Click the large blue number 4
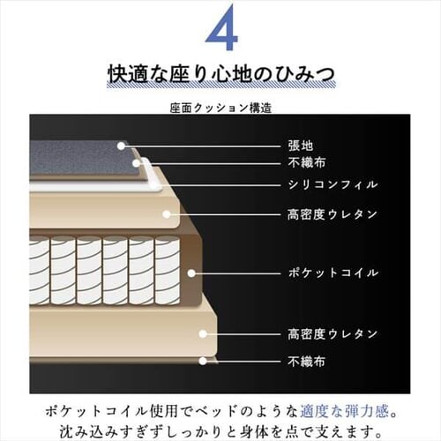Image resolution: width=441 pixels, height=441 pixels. (x=221, y=27)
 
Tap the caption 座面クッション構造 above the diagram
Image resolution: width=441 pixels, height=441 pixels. (x=220, y=108)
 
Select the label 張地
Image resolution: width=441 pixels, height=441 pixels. (x=301, y=146)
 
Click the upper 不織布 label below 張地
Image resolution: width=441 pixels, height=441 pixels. (x=307, y=162)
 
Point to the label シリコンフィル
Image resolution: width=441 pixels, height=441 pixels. (x=333, y=184)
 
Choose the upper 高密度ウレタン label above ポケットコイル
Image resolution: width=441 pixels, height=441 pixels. (x=333, y=214)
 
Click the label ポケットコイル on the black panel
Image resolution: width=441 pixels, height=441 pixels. (x=333, y=273)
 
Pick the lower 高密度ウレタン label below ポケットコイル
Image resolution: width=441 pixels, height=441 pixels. (x=333, y=334)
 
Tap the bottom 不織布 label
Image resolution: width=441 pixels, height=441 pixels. (x=307, y=362)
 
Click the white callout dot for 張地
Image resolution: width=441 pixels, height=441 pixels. (x=121, y=146)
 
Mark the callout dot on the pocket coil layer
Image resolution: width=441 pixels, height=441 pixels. (x=191, y=273)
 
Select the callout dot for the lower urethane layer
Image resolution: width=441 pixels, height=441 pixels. (x=202, y=334)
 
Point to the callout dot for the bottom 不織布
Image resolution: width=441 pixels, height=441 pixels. (x=202, y=361)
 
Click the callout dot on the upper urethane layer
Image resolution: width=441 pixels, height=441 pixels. (x=167, y=214)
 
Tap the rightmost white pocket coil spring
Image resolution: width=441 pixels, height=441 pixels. (x=167, y=270)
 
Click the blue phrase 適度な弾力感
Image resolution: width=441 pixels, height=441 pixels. (x=344, y=411)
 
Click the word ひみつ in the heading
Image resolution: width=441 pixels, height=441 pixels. (x=305, y=75)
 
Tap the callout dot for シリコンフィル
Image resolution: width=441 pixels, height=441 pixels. (x=153, y=185)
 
